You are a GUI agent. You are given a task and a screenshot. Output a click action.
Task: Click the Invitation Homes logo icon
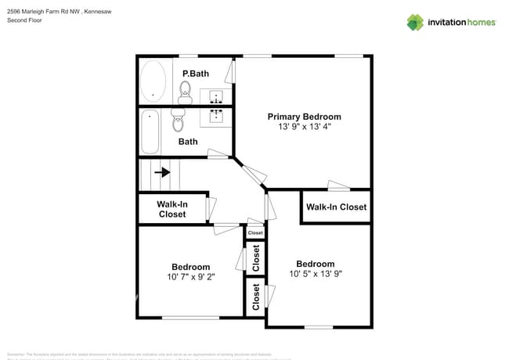click(x=415, y=22)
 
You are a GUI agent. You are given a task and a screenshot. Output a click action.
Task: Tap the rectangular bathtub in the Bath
click(x=150, y=131)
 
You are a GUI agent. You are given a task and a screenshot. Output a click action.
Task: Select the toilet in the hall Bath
click(x=179, y=122)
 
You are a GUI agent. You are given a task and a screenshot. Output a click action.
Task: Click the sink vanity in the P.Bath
click(x=217, y=96)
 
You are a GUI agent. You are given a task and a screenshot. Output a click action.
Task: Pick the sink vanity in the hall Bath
click(x=217, y=117)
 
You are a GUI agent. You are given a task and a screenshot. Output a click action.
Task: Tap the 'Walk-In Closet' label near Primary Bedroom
click(x=336, y=207)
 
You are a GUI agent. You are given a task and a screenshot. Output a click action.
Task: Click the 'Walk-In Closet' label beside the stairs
click(x=172, y=209)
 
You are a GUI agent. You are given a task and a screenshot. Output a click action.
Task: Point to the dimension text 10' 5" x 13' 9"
click(x=315, y=274)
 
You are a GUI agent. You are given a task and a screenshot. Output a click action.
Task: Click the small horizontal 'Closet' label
click(x=255, y=232)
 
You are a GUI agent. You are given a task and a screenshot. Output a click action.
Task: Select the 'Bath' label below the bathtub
click(x=188, y=142)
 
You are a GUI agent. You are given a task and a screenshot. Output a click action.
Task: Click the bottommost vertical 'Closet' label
click(x=256, y=296)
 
